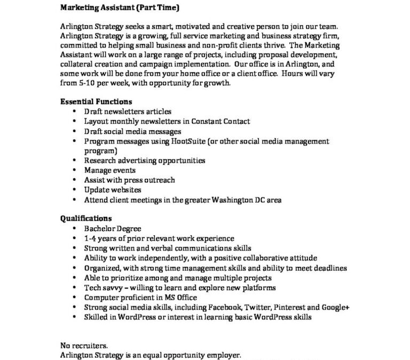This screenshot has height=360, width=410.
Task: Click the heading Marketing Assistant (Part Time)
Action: coord(120,7)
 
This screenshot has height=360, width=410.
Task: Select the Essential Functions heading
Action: coord(96,101)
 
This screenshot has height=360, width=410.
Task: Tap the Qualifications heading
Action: coord(86,218)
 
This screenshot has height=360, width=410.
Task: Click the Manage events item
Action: coord(109,171)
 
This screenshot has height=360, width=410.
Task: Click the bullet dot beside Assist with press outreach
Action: coord(74,180)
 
